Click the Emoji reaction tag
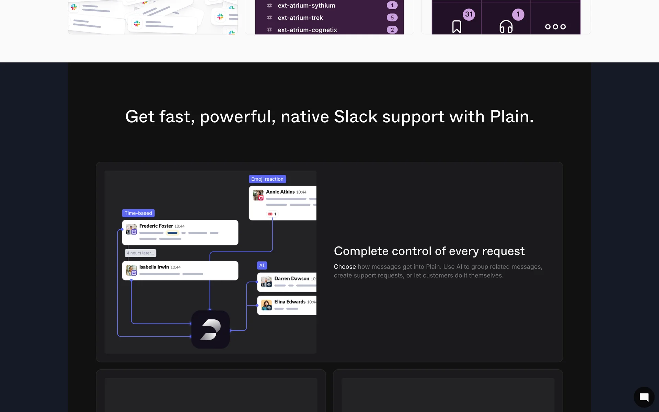point(267,179)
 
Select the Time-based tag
point(138,213)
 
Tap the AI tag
point(262,265)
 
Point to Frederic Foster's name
point(156,226)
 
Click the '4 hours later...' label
point(140,253)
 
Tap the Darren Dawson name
point(291,278)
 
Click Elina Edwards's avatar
point(266,305)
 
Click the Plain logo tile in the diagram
point(210,330)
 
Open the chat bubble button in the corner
point(644,397)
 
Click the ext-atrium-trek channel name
point(300,18)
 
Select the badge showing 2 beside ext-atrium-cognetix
point(392,30)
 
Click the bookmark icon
point(456,26)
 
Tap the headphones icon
point(506,26)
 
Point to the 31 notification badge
point(469,14)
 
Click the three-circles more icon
point(555,27)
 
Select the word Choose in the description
point(345,267)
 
